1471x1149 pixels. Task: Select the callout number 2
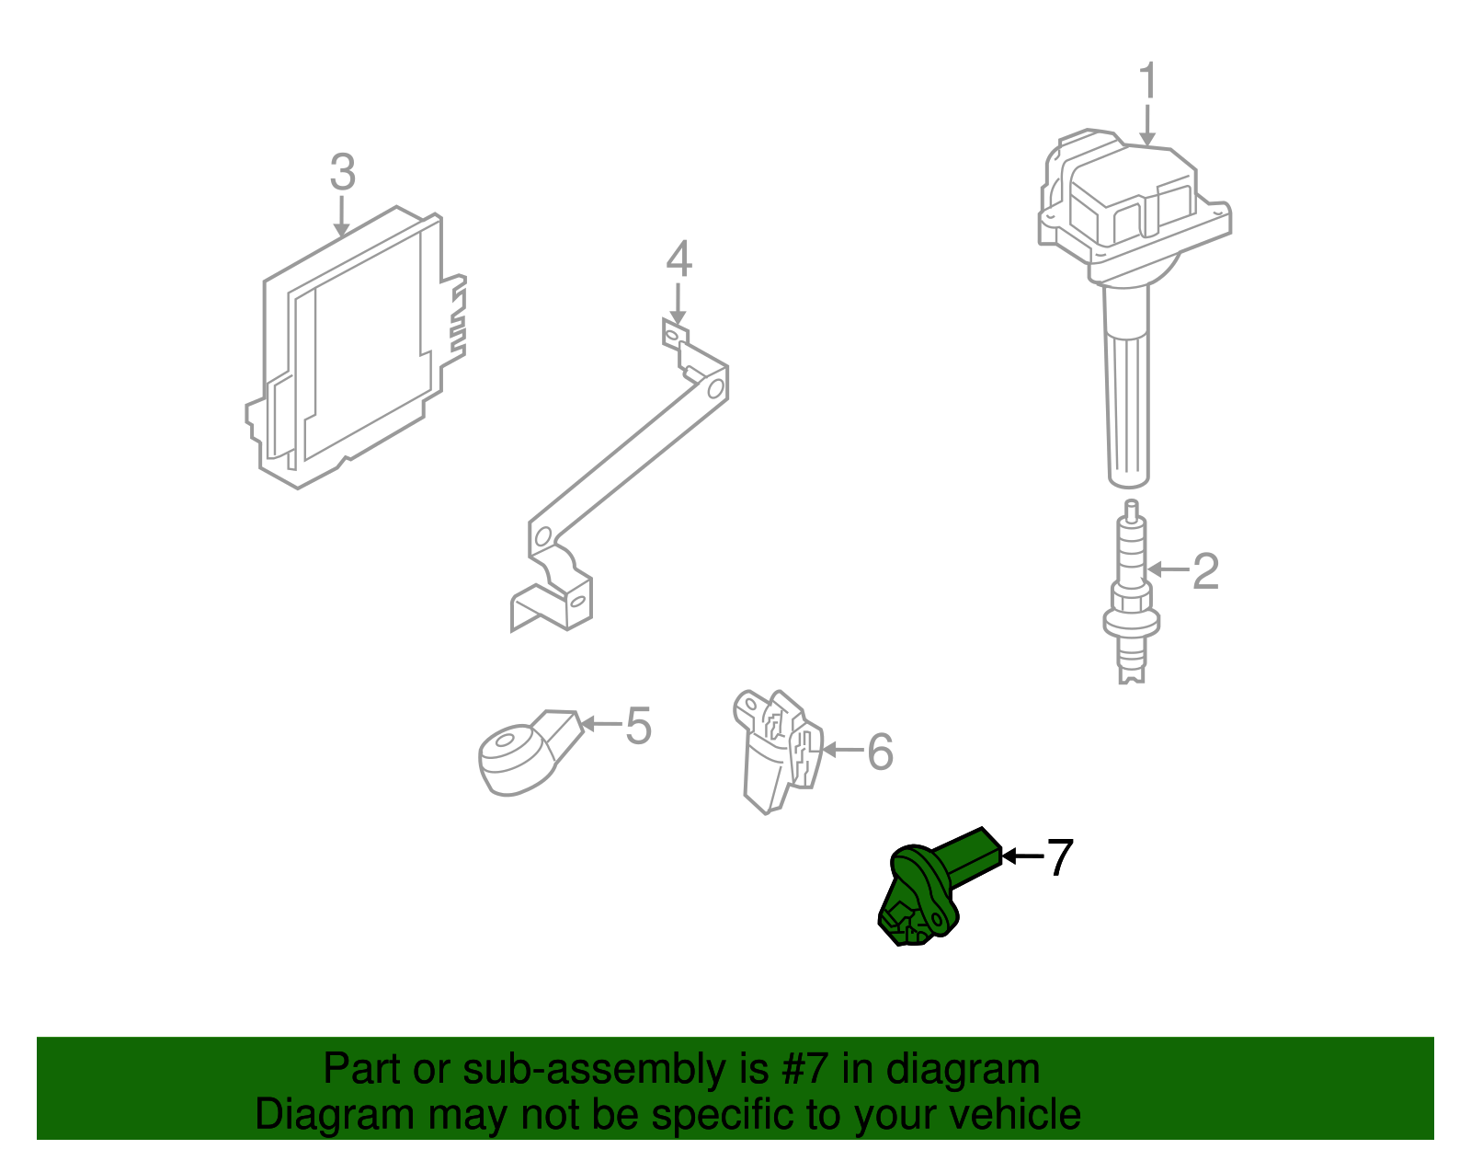pos(1205,571)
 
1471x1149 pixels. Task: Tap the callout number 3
pos(342,172)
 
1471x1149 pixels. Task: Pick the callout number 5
pos(638,726)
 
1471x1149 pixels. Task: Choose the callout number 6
pos(880,752)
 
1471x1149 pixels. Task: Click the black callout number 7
pos(1060,857)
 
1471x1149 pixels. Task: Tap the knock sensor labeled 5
pos(519,753)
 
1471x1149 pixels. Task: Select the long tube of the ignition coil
pos(1127,386)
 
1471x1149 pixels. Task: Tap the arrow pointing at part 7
pos(1021,856)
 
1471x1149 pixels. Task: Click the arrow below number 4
pos(678,303)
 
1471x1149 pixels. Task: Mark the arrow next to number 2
pos(1169,570)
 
